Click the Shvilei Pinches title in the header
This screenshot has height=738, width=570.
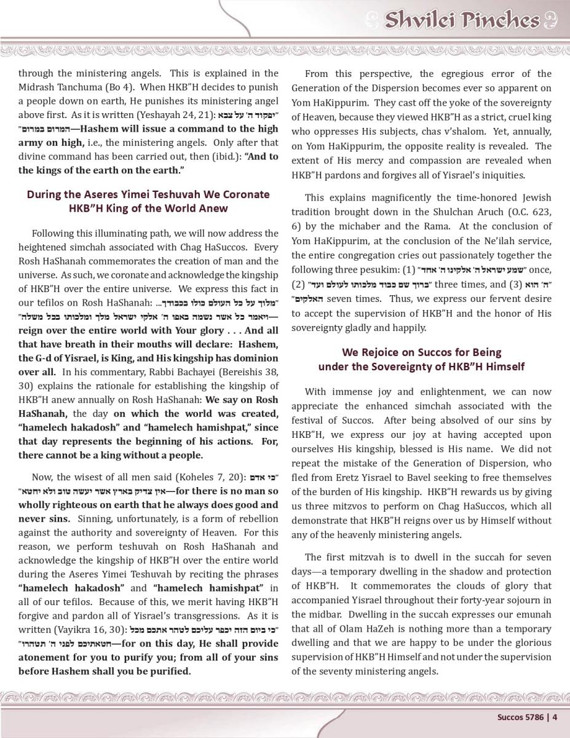[x=461, y=20]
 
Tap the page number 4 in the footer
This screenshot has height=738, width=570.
[x=555, y=716]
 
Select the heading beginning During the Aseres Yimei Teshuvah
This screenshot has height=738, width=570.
[x=148, y=194]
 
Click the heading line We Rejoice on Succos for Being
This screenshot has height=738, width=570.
[x=421, y=352]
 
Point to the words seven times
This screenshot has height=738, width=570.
[x=352, y=299]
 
